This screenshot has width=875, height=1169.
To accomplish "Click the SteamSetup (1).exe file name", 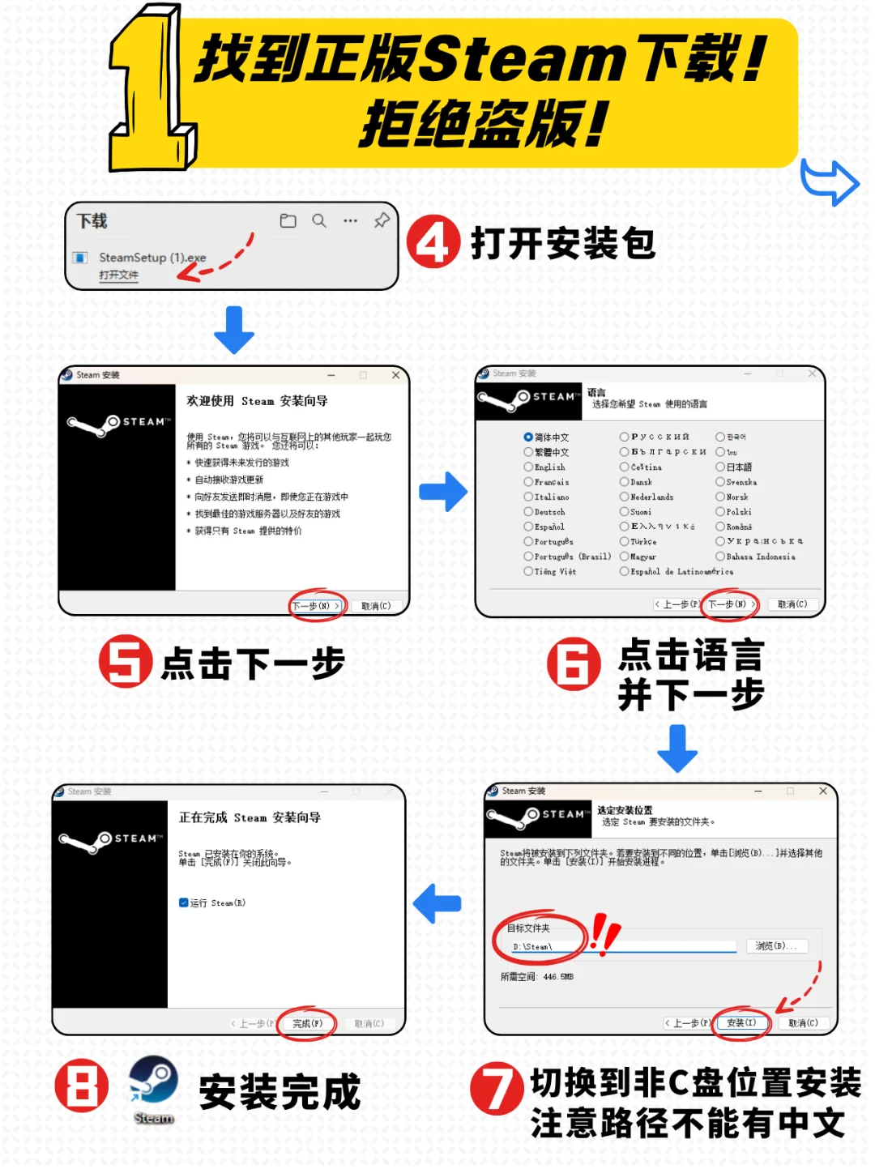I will point(152,258).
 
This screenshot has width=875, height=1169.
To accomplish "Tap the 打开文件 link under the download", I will point(118,275).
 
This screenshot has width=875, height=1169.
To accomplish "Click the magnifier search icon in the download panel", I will point(319,221).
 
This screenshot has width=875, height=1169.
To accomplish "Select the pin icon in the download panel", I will point(382,220).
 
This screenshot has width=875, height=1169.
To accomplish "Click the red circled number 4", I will point(433,242).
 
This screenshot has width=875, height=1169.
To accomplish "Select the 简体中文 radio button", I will point(528,437).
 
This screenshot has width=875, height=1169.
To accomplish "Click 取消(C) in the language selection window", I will point(792,604).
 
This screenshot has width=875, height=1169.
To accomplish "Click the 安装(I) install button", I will point(741,1023).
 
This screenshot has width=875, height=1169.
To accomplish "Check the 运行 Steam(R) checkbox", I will point(184,902).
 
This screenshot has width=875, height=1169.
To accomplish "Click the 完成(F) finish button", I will point(307,1024).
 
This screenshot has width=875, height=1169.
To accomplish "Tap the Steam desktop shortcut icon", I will point(154,1082).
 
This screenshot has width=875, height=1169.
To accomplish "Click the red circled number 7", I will point(496,1088).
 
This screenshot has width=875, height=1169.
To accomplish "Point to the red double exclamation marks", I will point(604,932).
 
